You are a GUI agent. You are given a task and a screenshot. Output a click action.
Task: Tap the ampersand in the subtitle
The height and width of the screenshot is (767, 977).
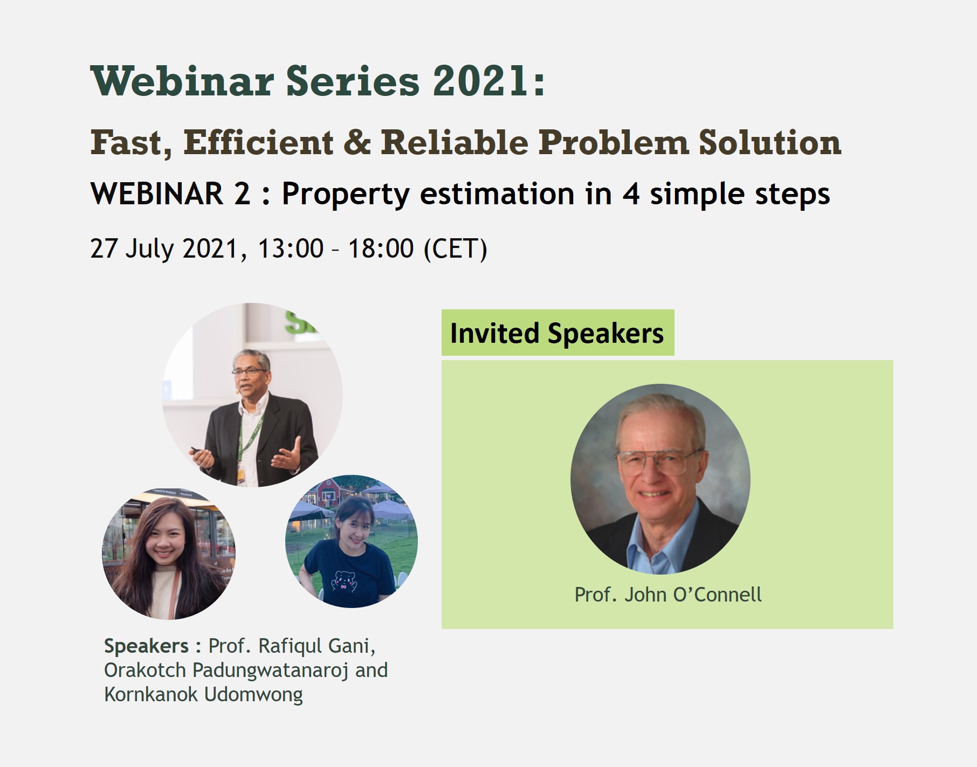(356, 143)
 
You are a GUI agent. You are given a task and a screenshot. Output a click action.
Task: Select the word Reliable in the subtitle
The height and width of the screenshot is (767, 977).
(455, 142)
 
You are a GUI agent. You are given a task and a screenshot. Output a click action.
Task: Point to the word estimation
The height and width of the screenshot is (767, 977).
(497, 194)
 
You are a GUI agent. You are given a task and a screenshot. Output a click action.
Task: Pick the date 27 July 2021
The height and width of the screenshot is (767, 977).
(164, 248)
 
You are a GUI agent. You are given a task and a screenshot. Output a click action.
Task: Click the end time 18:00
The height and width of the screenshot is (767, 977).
(381, 248)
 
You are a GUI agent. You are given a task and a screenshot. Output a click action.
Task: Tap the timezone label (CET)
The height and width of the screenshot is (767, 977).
(456, 248)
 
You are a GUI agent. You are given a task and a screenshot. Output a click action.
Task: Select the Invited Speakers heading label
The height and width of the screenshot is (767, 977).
(557, 333)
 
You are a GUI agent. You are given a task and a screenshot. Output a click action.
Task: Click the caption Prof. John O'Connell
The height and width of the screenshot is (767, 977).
(668, 595)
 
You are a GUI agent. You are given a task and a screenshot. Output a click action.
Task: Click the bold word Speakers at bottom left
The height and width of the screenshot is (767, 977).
(146, 646)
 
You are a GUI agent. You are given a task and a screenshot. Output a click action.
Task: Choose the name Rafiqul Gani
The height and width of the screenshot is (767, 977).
(317, 646)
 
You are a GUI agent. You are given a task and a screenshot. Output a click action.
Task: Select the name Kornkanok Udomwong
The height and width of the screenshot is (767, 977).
(203, 694)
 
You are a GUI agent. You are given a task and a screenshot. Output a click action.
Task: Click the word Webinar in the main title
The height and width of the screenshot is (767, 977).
(183, 81)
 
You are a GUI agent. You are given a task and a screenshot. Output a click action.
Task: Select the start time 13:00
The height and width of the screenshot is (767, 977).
(291, 248)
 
